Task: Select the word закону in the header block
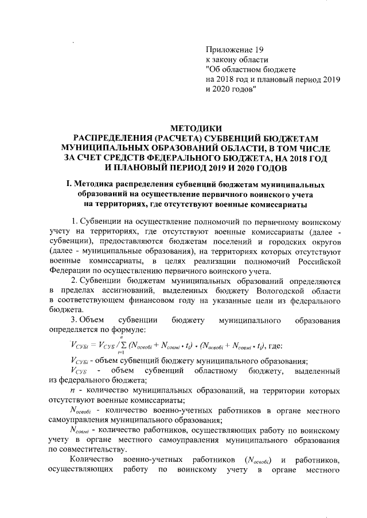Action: click(226, 60)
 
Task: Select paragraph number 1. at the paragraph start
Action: click(72, 222)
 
